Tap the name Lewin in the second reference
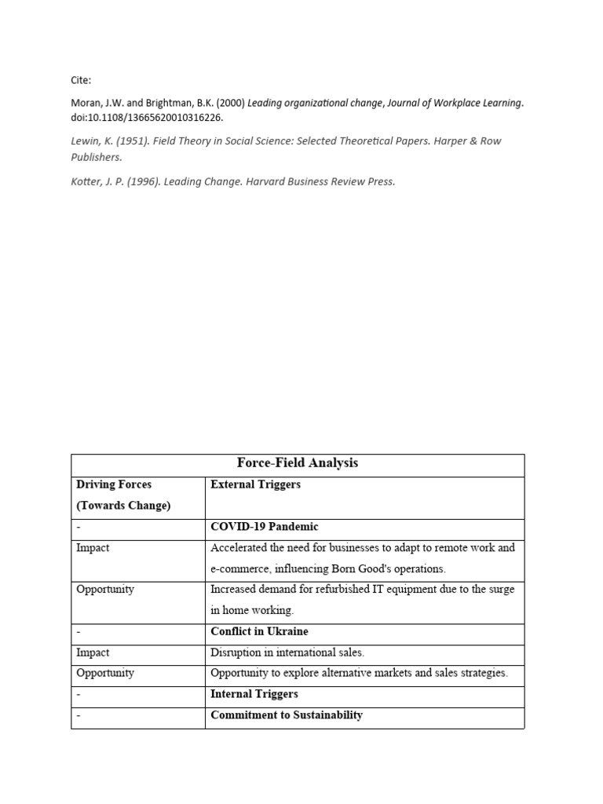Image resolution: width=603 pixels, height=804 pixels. click(x=84, y=141)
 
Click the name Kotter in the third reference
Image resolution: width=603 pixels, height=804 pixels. click(x=86, y=181)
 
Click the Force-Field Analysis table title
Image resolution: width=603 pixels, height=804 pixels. click(x=297, y=463)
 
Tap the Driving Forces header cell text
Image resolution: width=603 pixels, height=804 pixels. click(x=113, y=484)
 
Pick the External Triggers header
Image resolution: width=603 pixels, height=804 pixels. click(x=255, y=484)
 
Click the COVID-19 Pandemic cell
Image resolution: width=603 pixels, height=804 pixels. click(x=264, y=527)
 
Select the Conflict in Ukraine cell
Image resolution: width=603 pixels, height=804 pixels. click(x=259, y=631)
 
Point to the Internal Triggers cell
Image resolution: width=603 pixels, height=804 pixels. click(x=254, y=694)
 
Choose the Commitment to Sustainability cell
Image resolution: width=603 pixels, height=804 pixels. click(x=286, y=715)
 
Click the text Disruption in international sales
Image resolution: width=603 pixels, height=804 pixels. click(x=287, y=652)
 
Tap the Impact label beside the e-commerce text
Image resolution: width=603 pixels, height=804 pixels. click(x=93, y=548)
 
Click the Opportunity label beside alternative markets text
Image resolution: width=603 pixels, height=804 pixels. click(x=104, y=673)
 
